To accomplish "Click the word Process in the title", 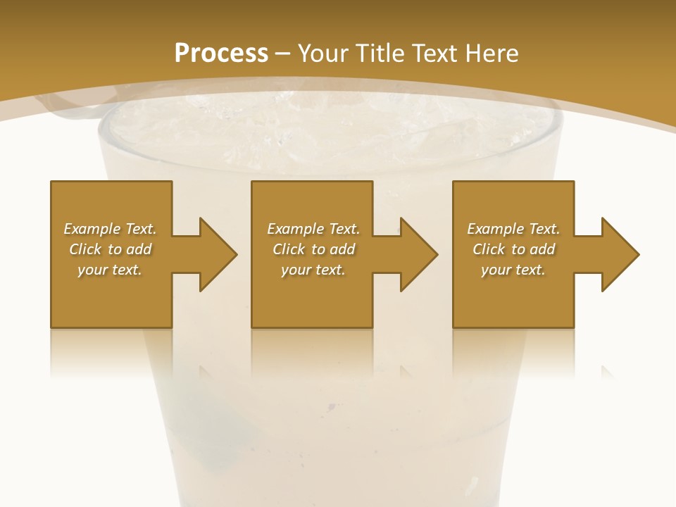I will click(x=221, y=53).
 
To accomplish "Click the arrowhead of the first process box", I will click(x=217, y=254).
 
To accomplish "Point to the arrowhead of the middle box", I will click(x=418, y=254).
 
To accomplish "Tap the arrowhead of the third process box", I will click(x=620, y=254).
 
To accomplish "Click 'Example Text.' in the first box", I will click(x=110, y=229).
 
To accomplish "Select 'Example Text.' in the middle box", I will click(x=313, y=229).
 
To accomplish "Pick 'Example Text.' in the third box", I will click(x=513, y=229).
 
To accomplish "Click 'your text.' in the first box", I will click(x=110, y=270).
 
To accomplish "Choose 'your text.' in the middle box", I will click(x=313, y=270).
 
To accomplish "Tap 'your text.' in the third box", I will click(x=513, y=270).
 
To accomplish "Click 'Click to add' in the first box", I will click(x=110, y=249).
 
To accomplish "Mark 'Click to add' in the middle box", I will click(x=313, y=249).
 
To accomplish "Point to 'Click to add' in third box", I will click(x=513, y=249).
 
